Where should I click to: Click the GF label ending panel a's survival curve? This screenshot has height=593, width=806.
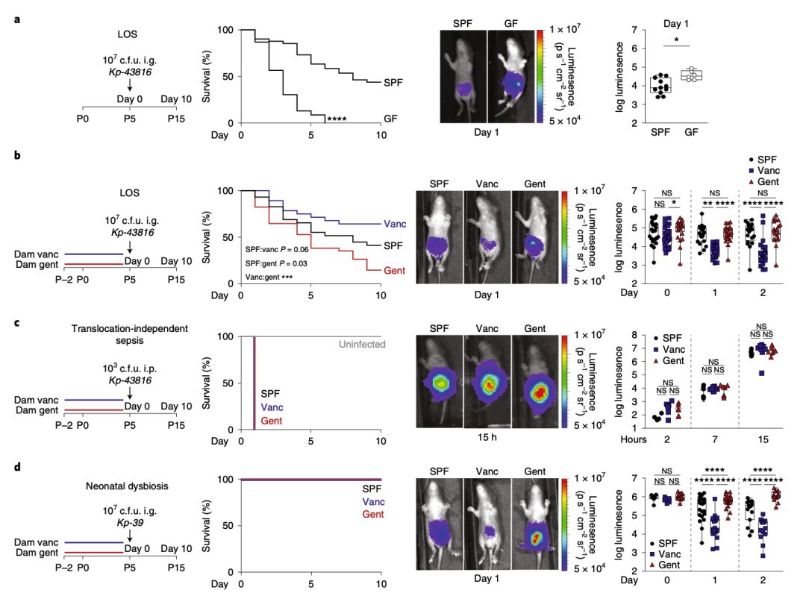pos(390,119)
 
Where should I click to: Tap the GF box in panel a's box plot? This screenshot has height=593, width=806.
pos(696,75)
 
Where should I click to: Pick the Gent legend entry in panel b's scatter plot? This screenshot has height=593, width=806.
pos(763,181)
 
